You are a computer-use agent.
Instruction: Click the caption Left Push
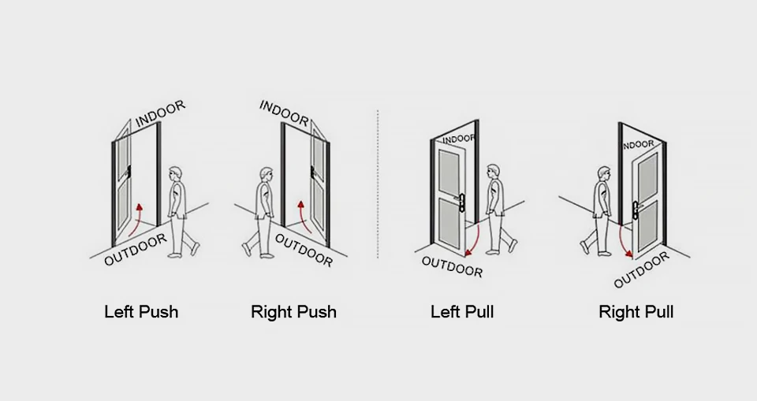[141, 311]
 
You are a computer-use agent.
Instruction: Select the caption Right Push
[293, 311]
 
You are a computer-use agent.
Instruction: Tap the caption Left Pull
[462, 311]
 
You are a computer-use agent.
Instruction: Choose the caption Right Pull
[636, 311]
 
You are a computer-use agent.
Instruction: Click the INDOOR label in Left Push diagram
[160, 113]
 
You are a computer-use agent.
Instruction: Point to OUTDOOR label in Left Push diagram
[136, 250]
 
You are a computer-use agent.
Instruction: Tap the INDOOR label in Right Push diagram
[284, 113]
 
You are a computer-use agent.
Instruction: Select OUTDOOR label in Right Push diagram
[304, 250]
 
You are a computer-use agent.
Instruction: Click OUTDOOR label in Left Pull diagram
[452, 266]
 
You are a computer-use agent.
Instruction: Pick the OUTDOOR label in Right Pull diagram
[641, 270]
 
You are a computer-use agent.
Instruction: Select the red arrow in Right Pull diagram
[625, 242]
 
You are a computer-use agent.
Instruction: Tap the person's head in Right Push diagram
[264, 174]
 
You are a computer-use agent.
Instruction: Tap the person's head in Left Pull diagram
[494, 171]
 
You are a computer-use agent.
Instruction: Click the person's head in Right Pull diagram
[604, 173]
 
